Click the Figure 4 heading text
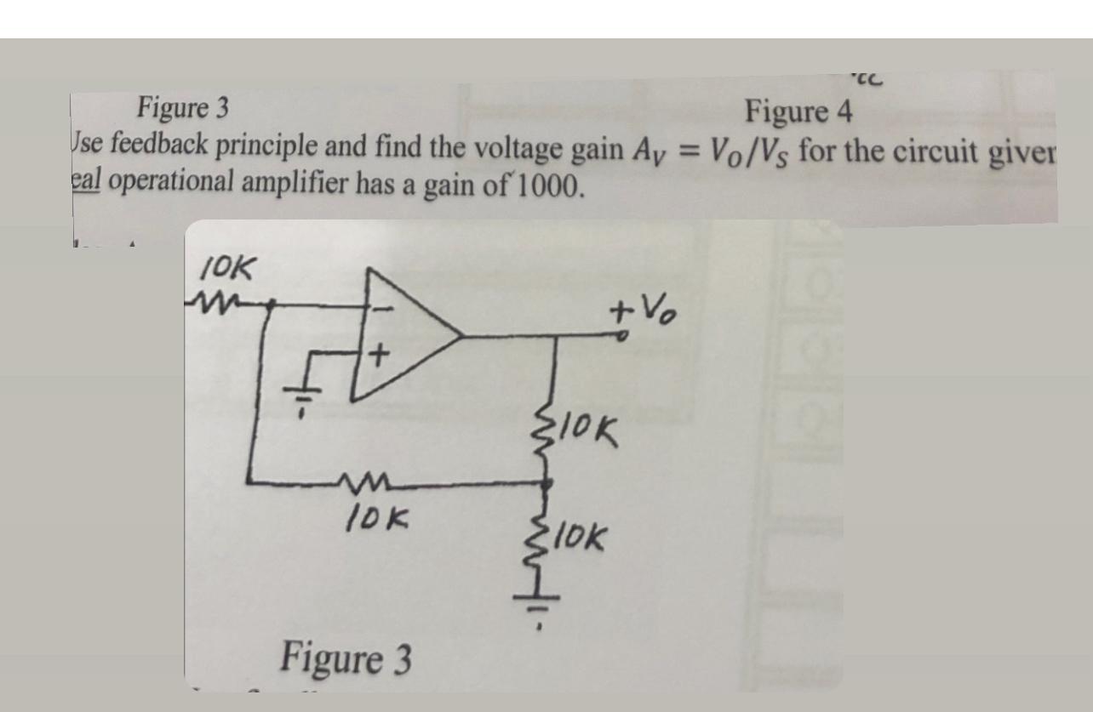pyautogui.click(x=800, y=111)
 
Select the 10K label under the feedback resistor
pyautogui.click(x=377, y=515)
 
